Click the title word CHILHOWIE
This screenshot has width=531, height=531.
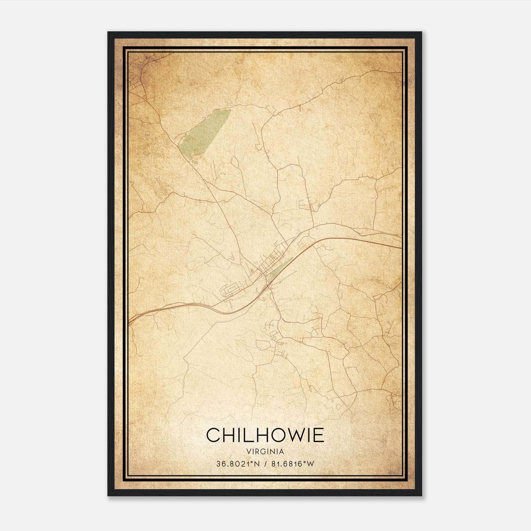(265, 435)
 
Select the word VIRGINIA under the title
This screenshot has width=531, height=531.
(265, 452)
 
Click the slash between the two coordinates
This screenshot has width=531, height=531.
(265, 464)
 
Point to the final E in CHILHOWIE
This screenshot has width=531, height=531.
(318, 435)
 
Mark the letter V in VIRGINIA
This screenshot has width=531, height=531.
(249, 452)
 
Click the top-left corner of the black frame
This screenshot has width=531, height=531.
(108, 32)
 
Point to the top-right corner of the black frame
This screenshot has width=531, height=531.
(421, 32)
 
